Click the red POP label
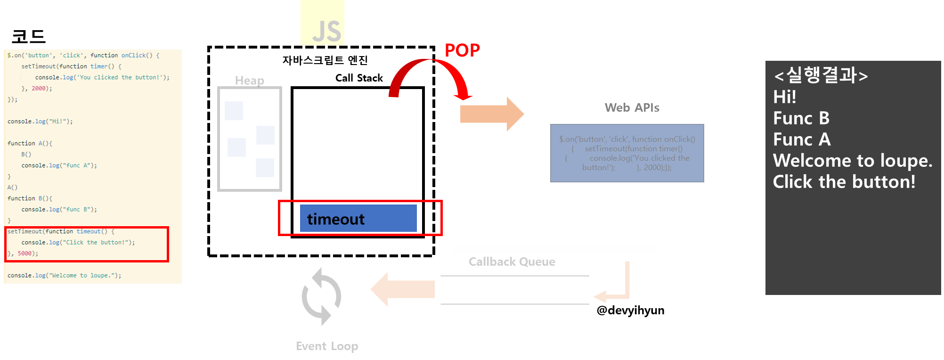[462, 50]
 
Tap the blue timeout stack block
[358, 218]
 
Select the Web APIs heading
[632, 108]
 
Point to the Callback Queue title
[512, 262]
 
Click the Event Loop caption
[327, 346]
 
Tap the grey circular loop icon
[321, 296]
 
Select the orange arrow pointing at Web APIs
[491, 114]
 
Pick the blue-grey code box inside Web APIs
[627, 153]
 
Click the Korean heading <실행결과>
[820, 75]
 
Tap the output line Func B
[801, 118]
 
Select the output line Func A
[802, 139]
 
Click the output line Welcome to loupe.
[853, 161]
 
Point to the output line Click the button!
[844, 182]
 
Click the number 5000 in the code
[24, 254]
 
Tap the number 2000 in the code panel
[39, 89]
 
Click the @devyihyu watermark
[626, 310]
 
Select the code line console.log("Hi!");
[40, 122]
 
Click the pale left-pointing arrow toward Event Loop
[403, 289]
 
